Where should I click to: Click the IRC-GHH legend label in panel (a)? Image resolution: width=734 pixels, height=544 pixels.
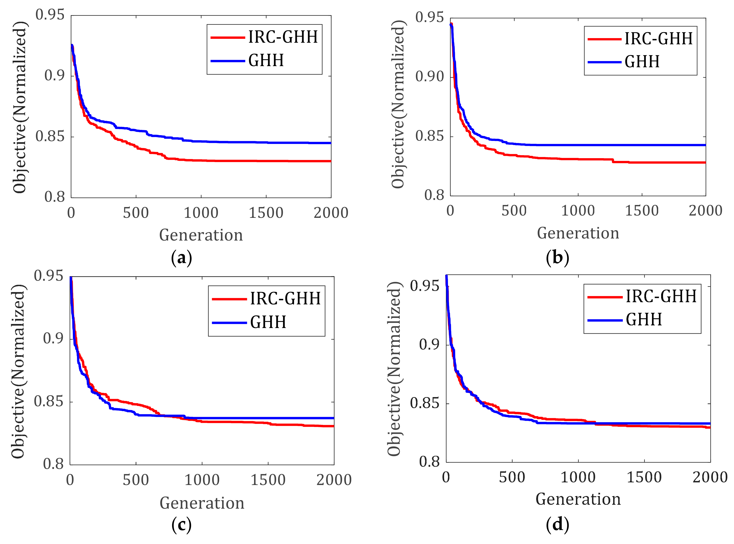point(283,37)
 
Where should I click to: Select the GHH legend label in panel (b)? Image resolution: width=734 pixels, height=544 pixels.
point(642,62)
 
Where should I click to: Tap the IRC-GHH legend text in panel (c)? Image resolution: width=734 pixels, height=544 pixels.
point(285,298)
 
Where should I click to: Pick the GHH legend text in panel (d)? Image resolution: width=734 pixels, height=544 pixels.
point(644,320)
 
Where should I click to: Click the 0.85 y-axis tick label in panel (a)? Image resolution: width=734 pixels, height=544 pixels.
point(50,136)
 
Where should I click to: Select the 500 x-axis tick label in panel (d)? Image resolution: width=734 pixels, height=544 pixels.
point(512,477)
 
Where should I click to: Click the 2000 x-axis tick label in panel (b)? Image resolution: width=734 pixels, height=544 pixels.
point(705,211)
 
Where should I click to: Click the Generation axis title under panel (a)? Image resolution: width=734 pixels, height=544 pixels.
point(201,235)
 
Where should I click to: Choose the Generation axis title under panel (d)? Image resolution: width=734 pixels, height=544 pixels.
point(578,499)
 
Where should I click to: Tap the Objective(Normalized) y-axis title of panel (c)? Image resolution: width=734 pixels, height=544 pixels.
point(18,371)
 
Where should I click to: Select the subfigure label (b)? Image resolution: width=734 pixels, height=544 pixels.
point(557,257)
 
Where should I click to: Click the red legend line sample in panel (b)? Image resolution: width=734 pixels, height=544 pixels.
point(604,39)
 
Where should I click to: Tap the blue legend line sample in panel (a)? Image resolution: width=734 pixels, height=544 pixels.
point(227,61)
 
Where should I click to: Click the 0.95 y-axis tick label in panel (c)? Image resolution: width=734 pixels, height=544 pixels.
point(48,276)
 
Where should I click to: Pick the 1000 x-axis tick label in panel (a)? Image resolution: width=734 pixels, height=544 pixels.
point(201,213)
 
